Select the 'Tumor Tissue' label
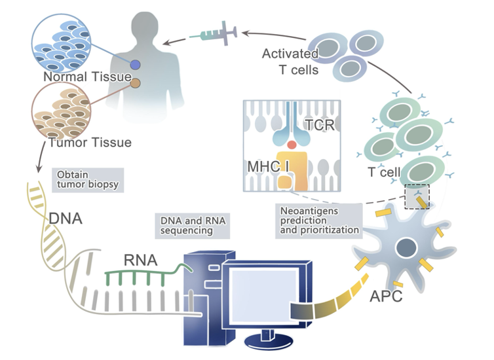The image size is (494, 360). pyautogui.click(x=91, y=142)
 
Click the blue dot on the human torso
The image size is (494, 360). pyautogui.click(x=135, y=65)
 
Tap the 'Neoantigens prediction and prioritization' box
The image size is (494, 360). pyautogui.click(x=318, y=221)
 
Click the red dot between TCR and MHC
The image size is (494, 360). pyautogui.click(x=292, y=143)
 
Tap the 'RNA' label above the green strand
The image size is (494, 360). pyautogui.click(x=140, y=261)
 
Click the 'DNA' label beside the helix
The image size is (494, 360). pyautogui.click(x=65, y=217)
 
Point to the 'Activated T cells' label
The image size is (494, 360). pyautogui.click(x=290, y=60)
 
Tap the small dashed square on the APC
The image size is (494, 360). pyautogui.click(x=417, y=196)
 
